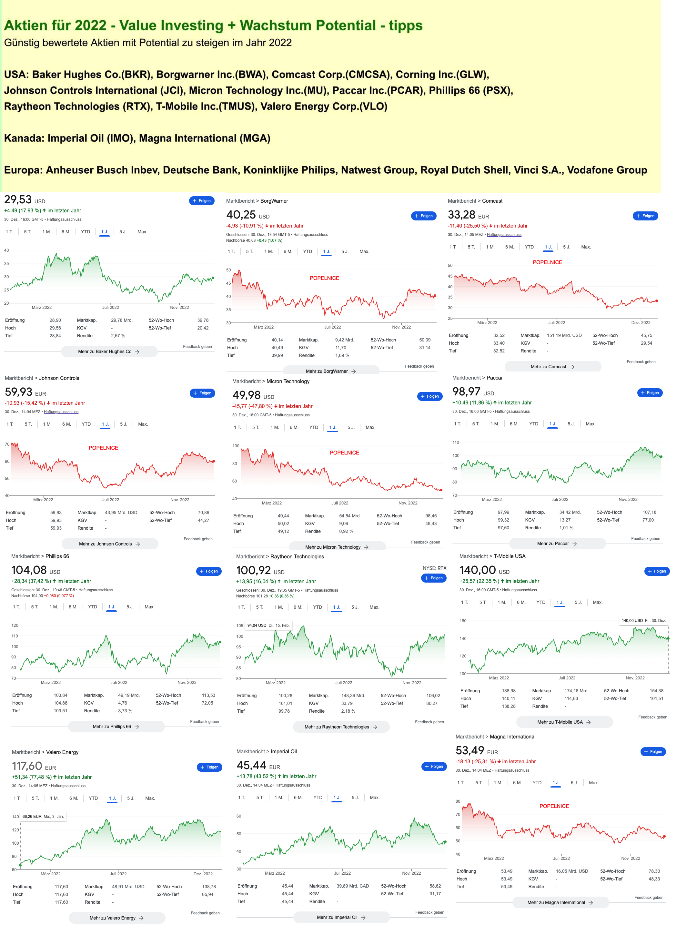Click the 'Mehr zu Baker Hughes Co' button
coord(109,351)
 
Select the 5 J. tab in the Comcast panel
coord(566,247)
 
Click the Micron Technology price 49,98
coord(247,395)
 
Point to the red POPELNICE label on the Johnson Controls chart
coord(103,448)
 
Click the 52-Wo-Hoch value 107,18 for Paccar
coord(649,512)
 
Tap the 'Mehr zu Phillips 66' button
coord(116,727)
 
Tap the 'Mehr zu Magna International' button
coord(560,903)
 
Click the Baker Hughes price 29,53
coord(18,199)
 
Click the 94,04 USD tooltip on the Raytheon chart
coord(268,626)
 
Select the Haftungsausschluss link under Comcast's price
coord(504,235)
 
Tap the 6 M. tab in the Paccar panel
coord(514,424)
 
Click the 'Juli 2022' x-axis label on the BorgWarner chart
coord(332,327)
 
